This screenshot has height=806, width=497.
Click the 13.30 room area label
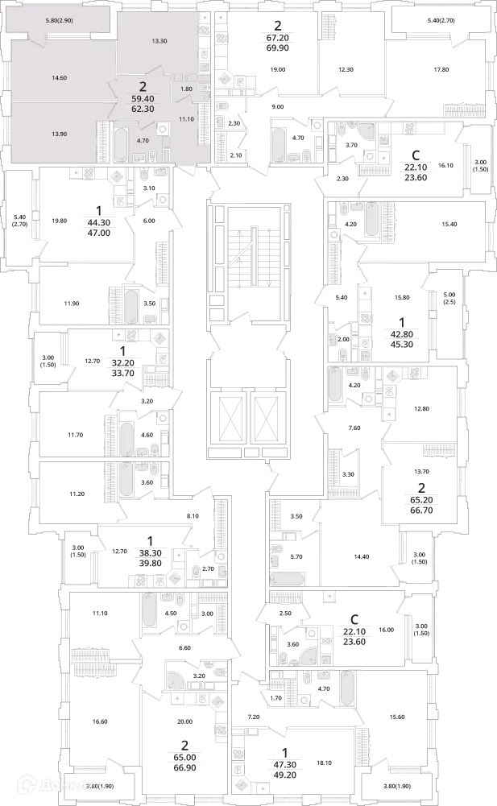[x=159, y=41]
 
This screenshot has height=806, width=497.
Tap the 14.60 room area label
[x=58, y=78]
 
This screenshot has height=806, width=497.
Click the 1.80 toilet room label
[x=186, y=89]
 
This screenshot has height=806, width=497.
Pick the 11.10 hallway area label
[x=187, y=119]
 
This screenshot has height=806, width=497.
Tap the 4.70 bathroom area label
[x=143, y=141]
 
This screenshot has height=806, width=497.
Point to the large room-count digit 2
[x=143, y=85]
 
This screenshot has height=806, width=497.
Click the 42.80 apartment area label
[x=402, y=333]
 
